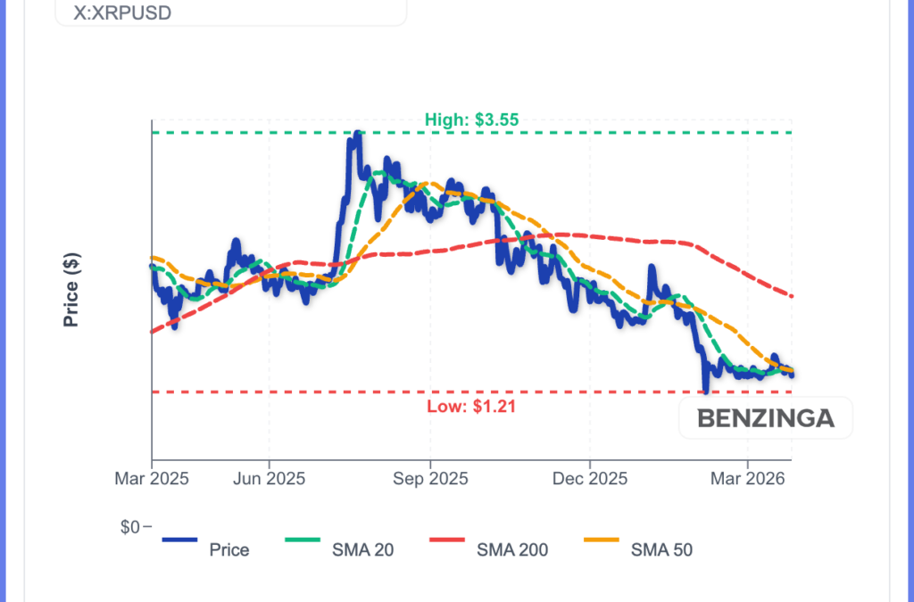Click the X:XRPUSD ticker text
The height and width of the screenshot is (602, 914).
click(122, 14)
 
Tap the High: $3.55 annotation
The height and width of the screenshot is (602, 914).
click(471, 119)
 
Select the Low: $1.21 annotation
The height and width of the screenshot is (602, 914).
click(471, 407)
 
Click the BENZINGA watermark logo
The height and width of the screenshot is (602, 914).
click(765, 418)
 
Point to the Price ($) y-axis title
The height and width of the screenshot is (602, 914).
click(71, 289)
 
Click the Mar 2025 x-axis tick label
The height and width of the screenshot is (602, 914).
click(152, 479)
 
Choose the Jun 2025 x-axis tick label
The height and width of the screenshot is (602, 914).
click(269, 479)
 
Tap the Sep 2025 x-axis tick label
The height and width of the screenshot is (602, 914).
click(429, 479)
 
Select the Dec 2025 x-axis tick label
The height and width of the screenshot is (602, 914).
click(590, 479)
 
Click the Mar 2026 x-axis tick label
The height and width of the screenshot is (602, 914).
click(748, 479)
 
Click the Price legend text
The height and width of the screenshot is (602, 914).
click(229, 550)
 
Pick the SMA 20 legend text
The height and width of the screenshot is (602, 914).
click(362, 550)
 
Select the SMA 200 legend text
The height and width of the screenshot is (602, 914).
click(512, 550)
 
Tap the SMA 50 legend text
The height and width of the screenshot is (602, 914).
click(661, 550)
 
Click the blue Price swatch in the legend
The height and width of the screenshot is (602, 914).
click(179, 539)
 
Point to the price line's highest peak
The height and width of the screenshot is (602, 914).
click(356, 134)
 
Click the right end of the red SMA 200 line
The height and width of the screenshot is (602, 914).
click(792, 296)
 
